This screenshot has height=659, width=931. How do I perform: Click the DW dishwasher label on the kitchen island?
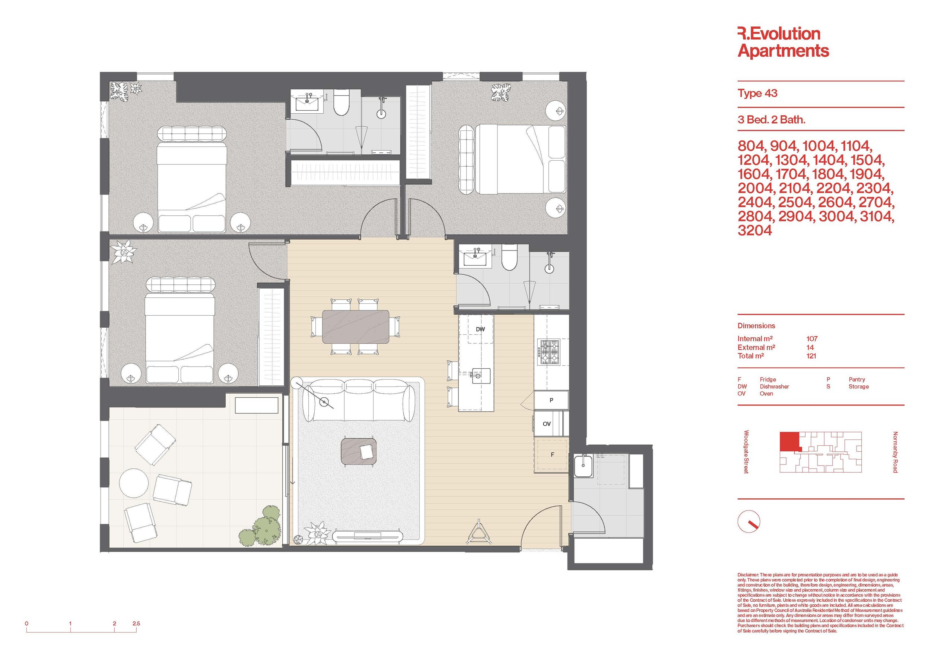coord(480,329)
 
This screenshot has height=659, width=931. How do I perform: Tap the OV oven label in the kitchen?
coord(547,424)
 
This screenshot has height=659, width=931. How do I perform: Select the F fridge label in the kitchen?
coord(552,454)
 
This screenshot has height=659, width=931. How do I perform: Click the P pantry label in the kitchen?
coord(552,400)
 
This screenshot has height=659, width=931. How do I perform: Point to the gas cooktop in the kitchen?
coord(549,351)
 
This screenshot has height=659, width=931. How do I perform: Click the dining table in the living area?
coord(356,327)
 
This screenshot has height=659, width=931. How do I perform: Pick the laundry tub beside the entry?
coord(583,466)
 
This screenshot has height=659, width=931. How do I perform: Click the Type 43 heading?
coord(757,93)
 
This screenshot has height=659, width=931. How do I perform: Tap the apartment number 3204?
coord(754,230)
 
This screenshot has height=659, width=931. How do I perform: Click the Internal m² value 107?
coord(812,338)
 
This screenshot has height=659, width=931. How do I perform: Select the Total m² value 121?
coord(811,356)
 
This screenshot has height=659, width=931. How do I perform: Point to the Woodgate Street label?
coord(746,452)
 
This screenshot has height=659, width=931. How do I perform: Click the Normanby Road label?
coord(895,452)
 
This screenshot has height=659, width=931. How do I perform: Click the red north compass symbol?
coord(749,521)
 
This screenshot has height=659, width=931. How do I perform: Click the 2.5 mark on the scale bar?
coord(136,623)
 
